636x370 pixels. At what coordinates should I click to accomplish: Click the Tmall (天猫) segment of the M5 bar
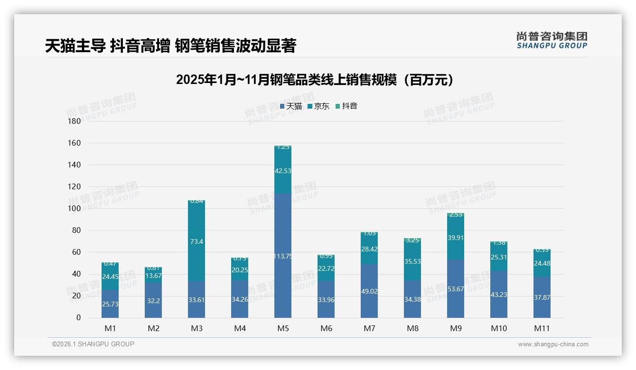pyautogui.click(x=283, y=256)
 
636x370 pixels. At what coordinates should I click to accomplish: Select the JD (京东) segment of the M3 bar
pyautogui.click(x=196, y=241)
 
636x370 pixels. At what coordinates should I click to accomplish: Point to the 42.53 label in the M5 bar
pyautogui.click(x=283, y=171)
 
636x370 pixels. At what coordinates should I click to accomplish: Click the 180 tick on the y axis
pyautogui.click(x=75, y=121)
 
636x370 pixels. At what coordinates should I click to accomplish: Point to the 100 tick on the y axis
pyautogui.click(x=75, y=209)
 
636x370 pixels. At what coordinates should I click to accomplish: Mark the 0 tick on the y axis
pyautogui.click(x=78, y=318)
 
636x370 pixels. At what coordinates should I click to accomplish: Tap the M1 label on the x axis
pyautogui.click(x=110, y=328)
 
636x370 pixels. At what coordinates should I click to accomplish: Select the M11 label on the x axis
pyautogui.click(x=542, y=328)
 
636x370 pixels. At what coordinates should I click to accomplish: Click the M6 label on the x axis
pyautogui.click(x=326, y=328)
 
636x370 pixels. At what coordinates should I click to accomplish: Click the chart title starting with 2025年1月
pyautogui.click(x=314, y=80)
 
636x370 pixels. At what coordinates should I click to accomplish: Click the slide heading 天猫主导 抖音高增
pyautogui.click(x=170, y=46)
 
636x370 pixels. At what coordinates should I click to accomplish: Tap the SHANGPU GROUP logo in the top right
pyautogui.click(x=552, y=40)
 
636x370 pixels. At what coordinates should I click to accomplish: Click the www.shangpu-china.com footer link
pyautogui.click(x=553, y=344)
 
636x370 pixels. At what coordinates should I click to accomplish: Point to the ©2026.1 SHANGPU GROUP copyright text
pyautogui.click(x=93, y=344)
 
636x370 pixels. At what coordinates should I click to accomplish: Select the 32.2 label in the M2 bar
pyautogui.click(x=153, y=301)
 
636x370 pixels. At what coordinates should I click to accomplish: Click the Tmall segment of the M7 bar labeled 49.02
pyautogui.click(x=369, y=291)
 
